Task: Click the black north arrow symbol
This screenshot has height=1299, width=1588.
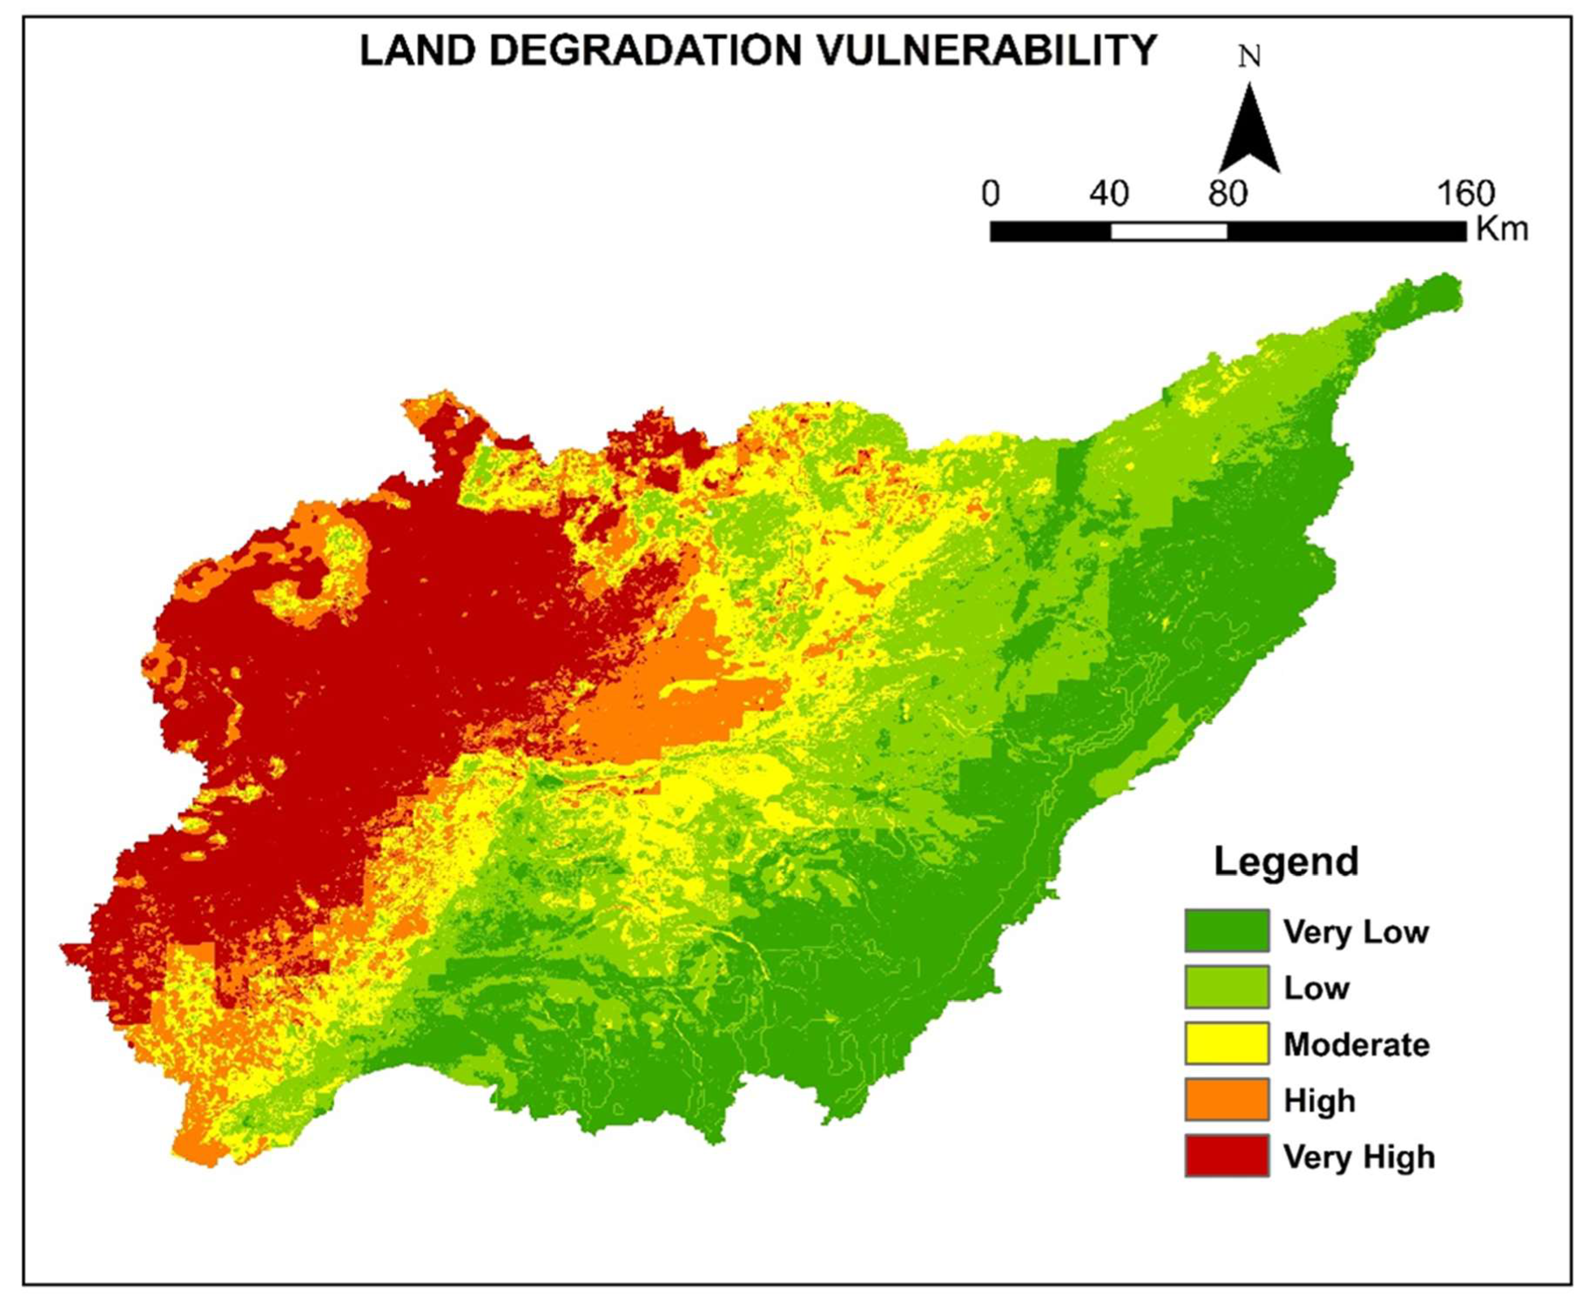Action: point(1249,131)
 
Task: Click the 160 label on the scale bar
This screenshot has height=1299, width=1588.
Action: point(1465,194)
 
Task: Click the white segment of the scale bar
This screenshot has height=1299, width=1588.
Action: point(1168,232)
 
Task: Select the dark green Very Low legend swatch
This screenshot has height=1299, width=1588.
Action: point(1227,930)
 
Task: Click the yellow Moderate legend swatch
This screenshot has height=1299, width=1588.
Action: point(1227,1043)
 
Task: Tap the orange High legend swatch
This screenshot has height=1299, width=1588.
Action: point(1227,1099)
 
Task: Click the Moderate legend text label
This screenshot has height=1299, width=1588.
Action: point(1356,1045)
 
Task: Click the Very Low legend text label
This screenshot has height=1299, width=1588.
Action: point(1356,932)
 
